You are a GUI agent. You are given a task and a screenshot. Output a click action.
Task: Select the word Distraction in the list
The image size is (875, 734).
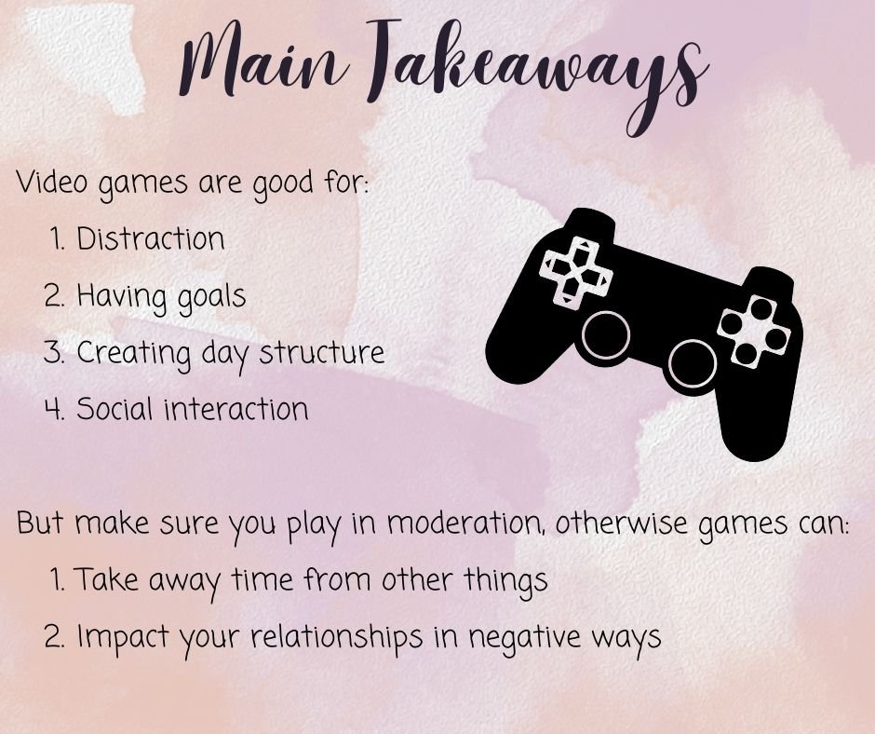coord(150,239)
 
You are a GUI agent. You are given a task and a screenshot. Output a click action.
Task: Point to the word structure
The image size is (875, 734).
coord(320,353)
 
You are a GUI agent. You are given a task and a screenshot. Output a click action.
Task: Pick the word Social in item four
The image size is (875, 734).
coord(114,409)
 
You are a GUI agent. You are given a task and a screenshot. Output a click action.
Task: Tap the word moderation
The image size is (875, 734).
coord(465,523)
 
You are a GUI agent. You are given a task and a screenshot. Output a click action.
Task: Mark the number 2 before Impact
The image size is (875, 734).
coord(54,637)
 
